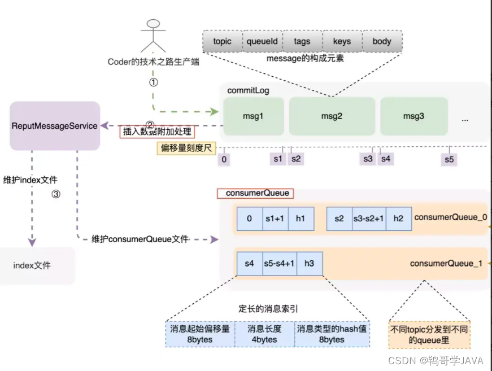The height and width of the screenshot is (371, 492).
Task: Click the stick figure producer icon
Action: (153, 37)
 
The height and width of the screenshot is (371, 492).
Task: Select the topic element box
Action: (223, 41)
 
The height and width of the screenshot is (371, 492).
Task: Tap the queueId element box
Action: (262, 41)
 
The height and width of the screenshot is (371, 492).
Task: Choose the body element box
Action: (382, 41)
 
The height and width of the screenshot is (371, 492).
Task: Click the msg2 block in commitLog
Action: (332, 116)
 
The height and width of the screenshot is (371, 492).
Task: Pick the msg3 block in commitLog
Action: (414, 116)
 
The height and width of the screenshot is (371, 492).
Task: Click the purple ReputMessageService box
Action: (55, 125)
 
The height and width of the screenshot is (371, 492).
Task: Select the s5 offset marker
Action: (449, 159)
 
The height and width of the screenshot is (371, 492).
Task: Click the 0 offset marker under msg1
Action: (224, 159)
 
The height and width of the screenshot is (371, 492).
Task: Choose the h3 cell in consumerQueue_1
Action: (309, 263)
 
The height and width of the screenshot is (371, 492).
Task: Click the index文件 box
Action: (32, 265)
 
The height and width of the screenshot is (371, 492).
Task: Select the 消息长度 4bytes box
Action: (263, 334)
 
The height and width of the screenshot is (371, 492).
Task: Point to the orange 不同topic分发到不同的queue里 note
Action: (429, 334)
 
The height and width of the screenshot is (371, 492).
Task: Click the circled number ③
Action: (55, 194)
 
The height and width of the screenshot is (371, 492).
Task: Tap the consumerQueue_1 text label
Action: (446, 263)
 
